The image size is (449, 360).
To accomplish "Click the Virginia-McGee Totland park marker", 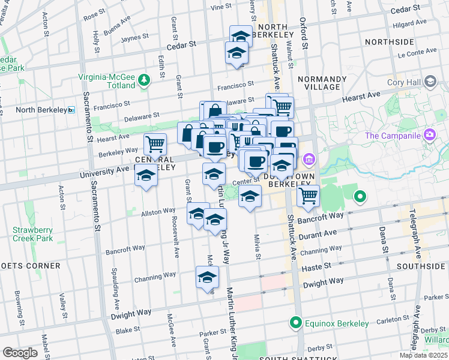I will coord(143,80).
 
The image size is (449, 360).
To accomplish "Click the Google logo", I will coord(20,353).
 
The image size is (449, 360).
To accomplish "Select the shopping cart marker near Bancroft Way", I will coord(308,195).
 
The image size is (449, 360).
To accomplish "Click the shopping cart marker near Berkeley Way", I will coord(155,145).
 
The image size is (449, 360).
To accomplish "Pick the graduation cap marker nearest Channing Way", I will coord(207,277).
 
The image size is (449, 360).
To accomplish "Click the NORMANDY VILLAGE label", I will coord(322,83).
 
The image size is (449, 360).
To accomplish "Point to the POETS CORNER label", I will coord(30,265).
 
